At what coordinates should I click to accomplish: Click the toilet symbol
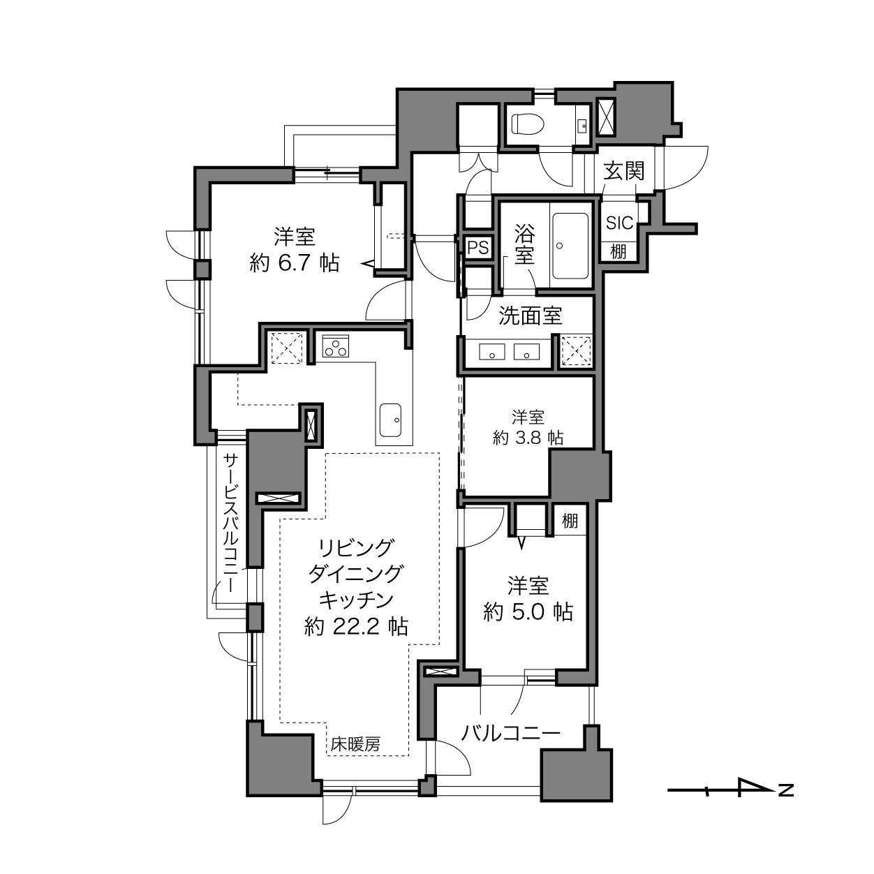[x=528, y=124]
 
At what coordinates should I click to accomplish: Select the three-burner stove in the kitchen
[x=336, y=346]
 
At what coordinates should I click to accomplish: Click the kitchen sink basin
[x=390, y=420]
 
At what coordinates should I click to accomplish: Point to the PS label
[x=478, y=248]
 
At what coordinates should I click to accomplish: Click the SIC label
[x=620, y=223]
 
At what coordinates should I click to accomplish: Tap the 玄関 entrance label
[x=623, y=171]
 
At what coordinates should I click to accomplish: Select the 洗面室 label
[x=531, y=316]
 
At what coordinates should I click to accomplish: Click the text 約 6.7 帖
[x=295, y=262]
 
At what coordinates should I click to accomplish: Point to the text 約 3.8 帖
[x=528, y=438]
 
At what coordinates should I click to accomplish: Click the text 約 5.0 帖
[x=528, y=612]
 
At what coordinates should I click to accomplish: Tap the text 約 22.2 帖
[x=356, y=626]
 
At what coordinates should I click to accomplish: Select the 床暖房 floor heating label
[x=355, y=744]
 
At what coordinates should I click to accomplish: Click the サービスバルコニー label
[x=231, y=523]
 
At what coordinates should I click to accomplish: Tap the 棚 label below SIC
[x=619, y=251]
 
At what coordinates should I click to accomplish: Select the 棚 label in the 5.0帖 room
[x=570, y=521]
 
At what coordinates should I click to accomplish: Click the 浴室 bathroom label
[x=524, y=244]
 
